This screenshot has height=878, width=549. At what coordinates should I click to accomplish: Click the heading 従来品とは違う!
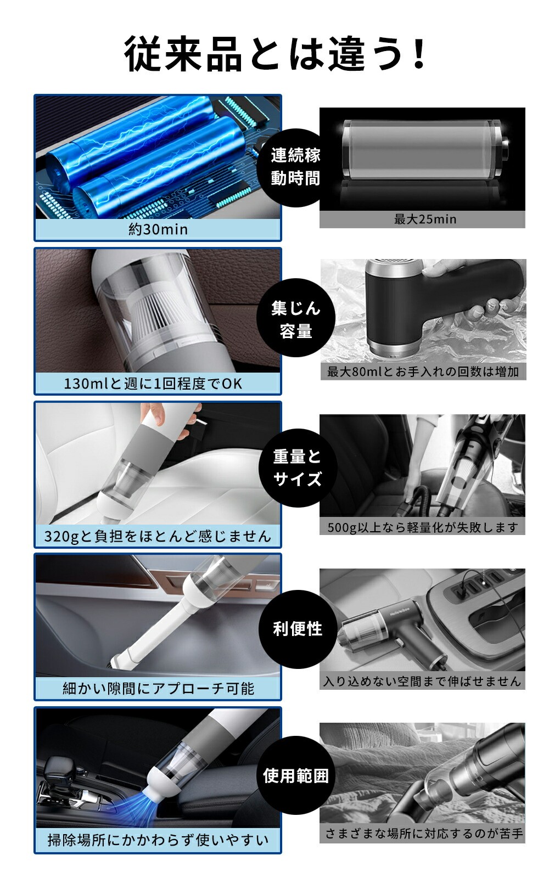(x=275, y=54)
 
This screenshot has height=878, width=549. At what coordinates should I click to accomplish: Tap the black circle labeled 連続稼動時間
(x=296, y=167)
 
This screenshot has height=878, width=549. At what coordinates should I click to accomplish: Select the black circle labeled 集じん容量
(x=296, y=318)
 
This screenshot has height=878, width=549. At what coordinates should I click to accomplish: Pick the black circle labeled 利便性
(x=298, y=629)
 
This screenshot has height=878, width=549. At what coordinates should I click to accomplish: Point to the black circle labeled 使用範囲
(x=296, y=775)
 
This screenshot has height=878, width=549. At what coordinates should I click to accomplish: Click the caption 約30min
(x=158, y=229)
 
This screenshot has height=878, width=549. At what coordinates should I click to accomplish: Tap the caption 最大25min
(x=425, y=219)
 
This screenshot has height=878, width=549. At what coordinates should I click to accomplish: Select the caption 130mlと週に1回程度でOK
(x=153, y=384)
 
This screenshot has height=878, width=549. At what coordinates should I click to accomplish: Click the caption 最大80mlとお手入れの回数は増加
(x=423, y=372)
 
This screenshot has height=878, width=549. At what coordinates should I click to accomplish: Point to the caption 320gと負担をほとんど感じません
(x=158, y=536)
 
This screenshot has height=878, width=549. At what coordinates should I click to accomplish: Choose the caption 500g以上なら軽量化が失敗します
(x=423, y=527)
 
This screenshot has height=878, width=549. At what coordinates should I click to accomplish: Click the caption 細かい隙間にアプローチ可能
(x=158, y=688)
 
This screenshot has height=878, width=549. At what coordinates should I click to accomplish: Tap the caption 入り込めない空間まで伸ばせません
(x=422, y=681)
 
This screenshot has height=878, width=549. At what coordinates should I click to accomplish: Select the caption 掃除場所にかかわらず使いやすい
(x=158, y=840)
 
